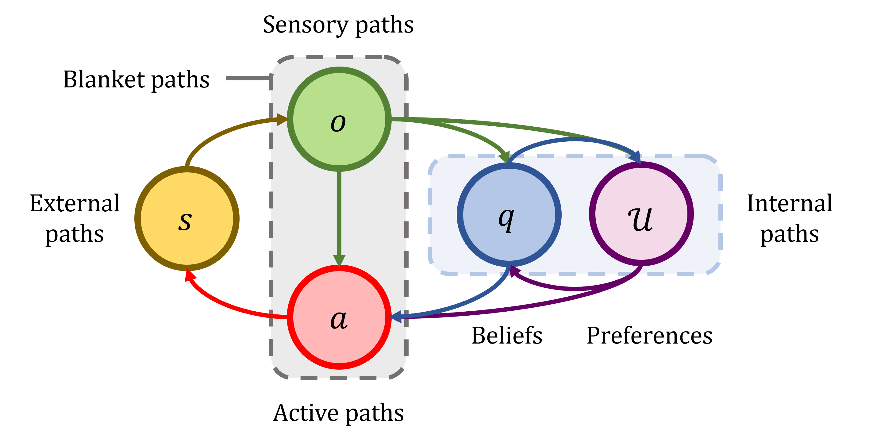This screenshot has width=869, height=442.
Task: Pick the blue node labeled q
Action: coord(509,189)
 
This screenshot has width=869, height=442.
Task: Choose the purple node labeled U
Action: coord(641,189)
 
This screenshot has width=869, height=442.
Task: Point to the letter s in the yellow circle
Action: coord(185,221)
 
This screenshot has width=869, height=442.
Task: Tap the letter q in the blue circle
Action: coord(506,219)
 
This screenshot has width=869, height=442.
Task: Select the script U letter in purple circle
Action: coord(640,219)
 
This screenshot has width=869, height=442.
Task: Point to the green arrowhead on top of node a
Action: coord(339,260)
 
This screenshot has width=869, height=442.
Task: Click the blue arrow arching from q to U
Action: coord(574,139)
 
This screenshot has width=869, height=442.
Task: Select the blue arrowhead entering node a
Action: coord(395,317)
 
